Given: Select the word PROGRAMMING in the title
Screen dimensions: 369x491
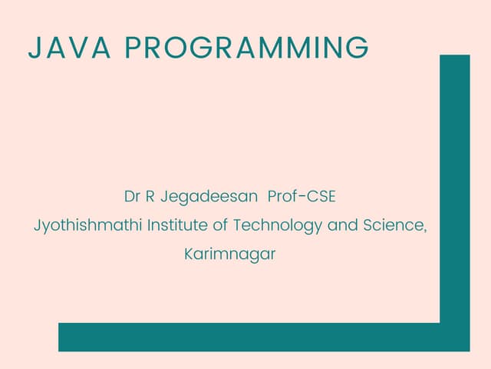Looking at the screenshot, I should pos(245,48).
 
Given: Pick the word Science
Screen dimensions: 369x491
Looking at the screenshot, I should pos(393,225).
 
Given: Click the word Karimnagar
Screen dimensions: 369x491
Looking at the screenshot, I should pos(230,254).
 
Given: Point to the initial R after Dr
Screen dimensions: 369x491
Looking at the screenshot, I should pos(150,196).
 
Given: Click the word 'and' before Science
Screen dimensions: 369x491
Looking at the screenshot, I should pos(341,225).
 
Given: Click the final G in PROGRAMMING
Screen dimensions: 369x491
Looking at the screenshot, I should pos(357,48).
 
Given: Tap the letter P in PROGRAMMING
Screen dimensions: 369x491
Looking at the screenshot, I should pos(131,48).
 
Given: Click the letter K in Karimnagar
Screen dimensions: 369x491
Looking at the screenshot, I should pos(189,254).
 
